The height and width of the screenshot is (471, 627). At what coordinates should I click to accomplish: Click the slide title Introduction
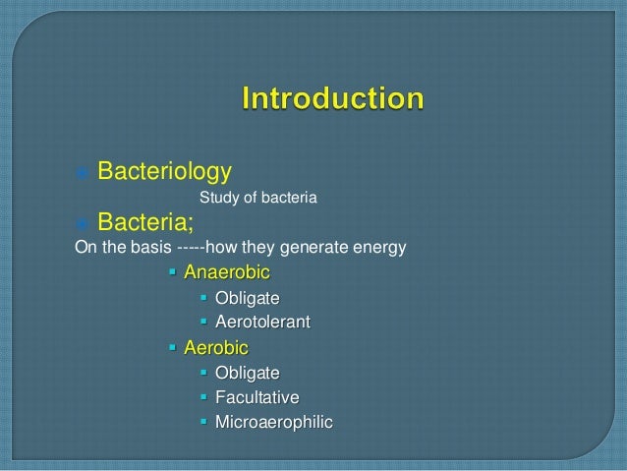tap(334, 99)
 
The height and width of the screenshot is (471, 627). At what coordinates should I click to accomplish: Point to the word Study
tap(218, 200)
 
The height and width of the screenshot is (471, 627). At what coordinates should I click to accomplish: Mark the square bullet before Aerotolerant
tap(204, 322)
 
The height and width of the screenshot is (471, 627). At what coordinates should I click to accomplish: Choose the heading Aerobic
tap(216, 347)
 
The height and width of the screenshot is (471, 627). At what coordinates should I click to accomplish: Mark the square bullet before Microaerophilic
tap(204, 423)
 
